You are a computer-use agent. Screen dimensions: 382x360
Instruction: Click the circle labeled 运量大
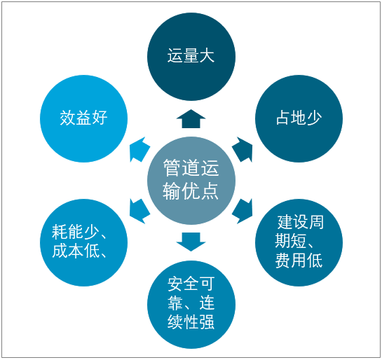tap(191, 57)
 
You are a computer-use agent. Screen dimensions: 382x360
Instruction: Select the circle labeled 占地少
tap(299, 118)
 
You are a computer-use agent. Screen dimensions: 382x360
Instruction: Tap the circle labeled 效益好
tap(84, 118)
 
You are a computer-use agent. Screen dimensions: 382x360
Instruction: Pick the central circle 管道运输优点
tap(191, 181)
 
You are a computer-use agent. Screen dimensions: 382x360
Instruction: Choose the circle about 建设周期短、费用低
tap(299, 242)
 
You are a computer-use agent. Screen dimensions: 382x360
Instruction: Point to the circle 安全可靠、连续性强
tap(191, 305)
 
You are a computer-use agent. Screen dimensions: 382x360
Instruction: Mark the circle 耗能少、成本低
tap(84, 242)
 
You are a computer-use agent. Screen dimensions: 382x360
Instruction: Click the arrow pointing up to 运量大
tap(191, 119)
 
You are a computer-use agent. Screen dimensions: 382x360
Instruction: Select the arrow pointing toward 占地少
tap(243, 149)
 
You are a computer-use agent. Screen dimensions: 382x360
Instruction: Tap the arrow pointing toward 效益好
tap(139, 149)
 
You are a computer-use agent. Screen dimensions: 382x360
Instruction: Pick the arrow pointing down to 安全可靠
tap(191, 242)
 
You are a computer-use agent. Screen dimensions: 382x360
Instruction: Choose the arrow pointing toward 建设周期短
tap(243, 212)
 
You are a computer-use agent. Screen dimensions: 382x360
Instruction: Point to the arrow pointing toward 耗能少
tap(139, 212)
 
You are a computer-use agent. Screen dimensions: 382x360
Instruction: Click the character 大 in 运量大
tap(207, 55)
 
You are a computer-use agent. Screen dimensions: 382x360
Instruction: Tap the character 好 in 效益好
tap(100, 118)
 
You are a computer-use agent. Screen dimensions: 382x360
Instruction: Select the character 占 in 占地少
tap(283, 118)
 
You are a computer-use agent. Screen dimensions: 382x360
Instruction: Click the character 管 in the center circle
tap(171, 167)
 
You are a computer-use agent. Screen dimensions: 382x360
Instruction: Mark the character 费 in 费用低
tap(283, 261)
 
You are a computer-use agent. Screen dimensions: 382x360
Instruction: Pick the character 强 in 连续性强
tap(207, 322)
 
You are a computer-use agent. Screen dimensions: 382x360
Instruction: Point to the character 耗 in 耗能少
tap(60, 232)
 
